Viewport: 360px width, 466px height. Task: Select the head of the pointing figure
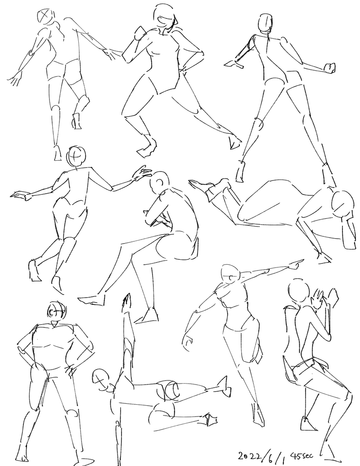pyautogui.click(x=230, y=274)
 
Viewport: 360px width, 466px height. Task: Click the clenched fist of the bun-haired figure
pyautogui.click(x=330, y=68)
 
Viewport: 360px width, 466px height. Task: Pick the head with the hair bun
pyautogui.click(x=265, y=24)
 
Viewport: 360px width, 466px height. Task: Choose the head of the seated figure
pyautogui.click(x=159, y=182)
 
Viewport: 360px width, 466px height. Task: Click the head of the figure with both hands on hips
pyautogui.click(x=56, y=312)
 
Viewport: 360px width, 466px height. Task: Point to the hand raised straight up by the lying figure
pyautogui.click(x=126, y=303)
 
